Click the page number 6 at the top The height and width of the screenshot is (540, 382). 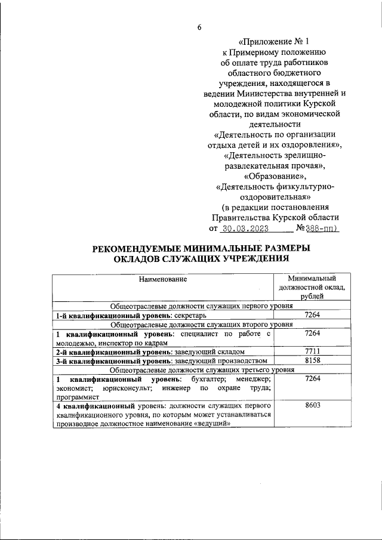[200, 27]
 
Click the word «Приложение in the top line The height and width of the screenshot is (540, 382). [264, 42]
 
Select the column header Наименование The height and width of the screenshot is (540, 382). [163, 279]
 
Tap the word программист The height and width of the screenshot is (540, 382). [75, 396]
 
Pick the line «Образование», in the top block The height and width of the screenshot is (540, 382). [275, 176]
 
